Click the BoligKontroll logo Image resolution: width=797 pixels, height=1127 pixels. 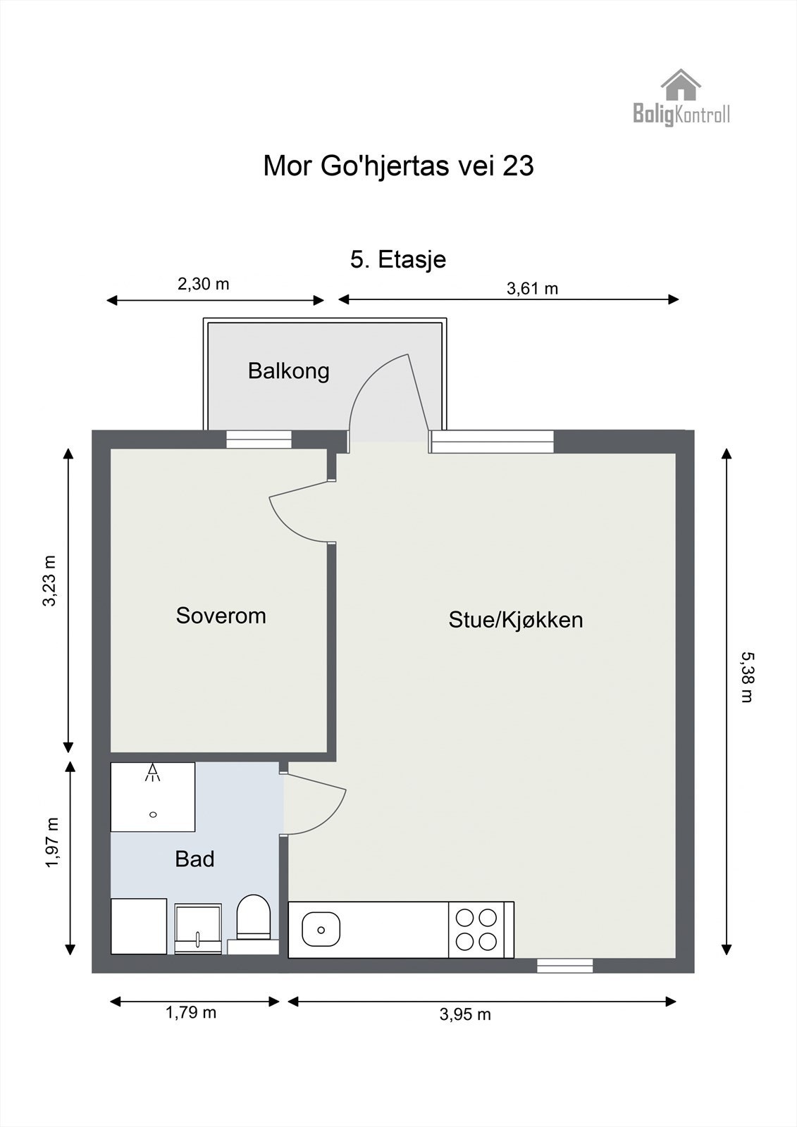click(681, 99)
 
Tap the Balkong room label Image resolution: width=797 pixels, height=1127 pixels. click(288, 371)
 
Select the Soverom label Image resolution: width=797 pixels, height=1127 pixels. click(221, 616)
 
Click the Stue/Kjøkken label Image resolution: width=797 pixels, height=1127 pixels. click(516, 620)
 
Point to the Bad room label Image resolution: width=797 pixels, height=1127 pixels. click(194, 859)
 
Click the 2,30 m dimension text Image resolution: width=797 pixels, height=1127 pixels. click(203, 285)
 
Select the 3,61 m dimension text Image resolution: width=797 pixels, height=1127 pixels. click(532, 288)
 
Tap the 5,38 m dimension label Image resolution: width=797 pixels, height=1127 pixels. click(746, 677)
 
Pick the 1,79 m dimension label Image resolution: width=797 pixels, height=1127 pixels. click(190, 1012)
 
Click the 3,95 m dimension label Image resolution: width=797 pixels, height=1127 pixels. click(465, 1014)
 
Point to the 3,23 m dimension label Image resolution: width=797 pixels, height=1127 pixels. click(49, 581)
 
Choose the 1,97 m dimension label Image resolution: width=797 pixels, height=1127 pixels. click(51, 843)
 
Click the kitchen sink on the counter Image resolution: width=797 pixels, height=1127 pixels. click(321, 929)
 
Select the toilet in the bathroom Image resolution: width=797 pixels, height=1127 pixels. click(254, 917)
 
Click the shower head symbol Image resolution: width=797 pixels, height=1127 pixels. click(153, 773)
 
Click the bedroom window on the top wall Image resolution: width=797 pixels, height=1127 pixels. click(259, 440)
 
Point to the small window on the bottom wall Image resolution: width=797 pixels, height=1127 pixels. click(564, 966)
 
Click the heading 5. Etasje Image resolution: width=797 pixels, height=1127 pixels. click(398, 259)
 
